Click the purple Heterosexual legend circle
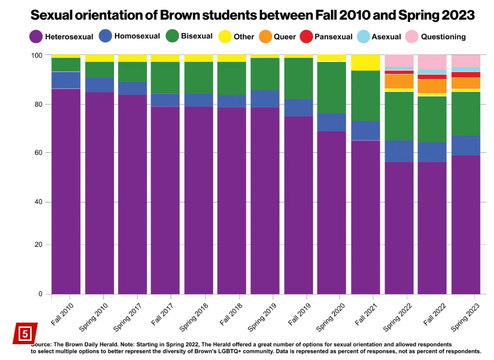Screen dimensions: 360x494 click(x=36, y=36)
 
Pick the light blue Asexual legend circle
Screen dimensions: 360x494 click(x=364, y=36)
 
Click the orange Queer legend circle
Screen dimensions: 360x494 click(x=265, y=36)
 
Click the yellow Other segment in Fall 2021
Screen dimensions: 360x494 click(x=366, y=62)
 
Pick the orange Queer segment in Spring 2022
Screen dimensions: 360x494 click(x=399, y=81)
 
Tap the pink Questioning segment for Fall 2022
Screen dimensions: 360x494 click(x=432, y=62)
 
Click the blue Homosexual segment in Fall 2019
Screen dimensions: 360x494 click(x=299, y=107)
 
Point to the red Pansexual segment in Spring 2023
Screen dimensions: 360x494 click(x=465, y=74)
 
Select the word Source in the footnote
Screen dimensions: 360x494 click(x=42, y=345)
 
